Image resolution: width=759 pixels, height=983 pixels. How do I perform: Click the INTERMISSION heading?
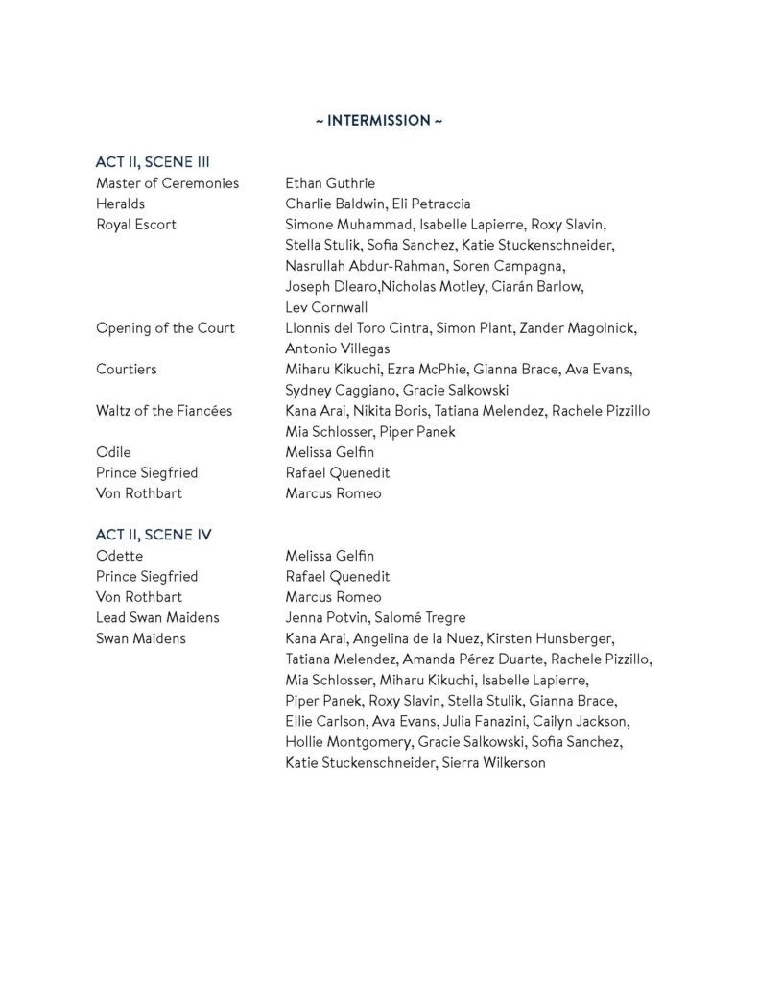pyautogui.click(x=379, y=121)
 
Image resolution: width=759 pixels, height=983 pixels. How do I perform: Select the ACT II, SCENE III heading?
pyautogui.click(x=159, y=162)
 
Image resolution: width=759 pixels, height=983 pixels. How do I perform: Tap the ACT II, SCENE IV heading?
pyautogui.click(x=159, y=535)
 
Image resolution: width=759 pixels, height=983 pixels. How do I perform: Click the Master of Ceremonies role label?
pyautogui.click(x=167, y=183)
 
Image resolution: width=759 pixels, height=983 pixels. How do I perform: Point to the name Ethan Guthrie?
pyautogui.click(x=330, y=183)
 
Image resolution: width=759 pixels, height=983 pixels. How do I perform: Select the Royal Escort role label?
pyautogui.click(x=136, y=225)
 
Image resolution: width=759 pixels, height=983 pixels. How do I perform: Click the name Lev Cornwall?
pyautogui.click(x=325, y=307)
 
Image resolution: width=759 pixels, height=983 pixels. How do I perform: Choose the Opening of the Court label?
pyautogui.click(x=165, y=328)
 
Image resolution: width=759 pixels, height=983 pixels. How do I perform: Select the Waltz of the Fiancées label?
pyautogui.click(x=164, y=411)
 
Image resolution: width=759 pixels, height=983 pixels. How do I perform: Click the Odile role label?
pyautogui.click(x=113, y=452)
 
